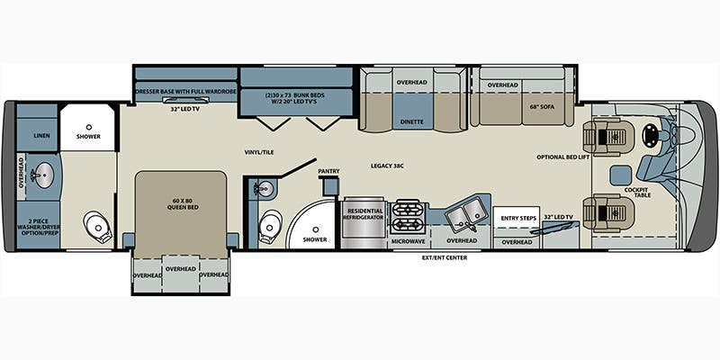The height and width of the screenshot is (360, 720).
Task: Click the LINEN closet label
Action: click(x=41, y=136)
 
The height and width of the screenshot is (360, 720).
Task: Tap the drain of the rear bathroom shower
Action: click(x=88, y=126)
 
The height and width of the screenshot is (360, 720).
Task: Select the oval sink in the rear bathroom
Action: click(x=43, y=175)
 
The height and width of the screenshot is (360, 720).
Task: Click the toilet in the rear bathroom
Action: click(x=98, y=227)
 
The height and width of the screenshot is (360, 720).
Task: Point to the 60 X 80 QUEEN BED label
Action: click(x=180, y=203)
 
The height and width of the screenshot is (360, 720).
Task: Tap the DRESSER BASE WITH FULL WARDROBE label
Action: click(x=186, y=92)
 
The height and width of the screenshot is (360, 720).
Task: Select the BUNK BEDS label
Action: click(x=294, y=98)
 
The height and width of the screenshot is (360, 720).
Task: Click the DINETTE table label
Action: click(x=411, y=121)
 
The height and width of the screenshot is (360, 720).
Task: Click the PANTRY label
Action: click(x=328, y=171)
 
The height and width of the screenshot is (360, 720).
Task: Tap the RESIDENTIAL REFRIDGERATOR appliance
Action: click(x=364, y=222)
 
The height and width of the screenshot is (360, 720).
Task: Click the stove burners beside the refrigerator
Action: click(x=408, y=217)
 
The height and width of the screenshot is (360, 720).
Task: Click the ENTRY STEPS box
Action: click(x=517, y=217)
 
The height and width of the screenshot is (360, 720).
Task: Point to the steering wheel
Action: click(x=650, y=136)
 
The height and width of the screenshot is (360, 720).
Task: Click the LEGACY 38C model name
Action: click(x=387, y=166)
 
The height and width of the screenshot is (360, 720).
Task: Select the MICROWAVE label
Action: click(x=408, y=240)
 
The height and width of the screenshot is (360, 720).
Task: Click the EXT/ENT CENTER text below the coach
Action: click(x=445, y=257)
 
